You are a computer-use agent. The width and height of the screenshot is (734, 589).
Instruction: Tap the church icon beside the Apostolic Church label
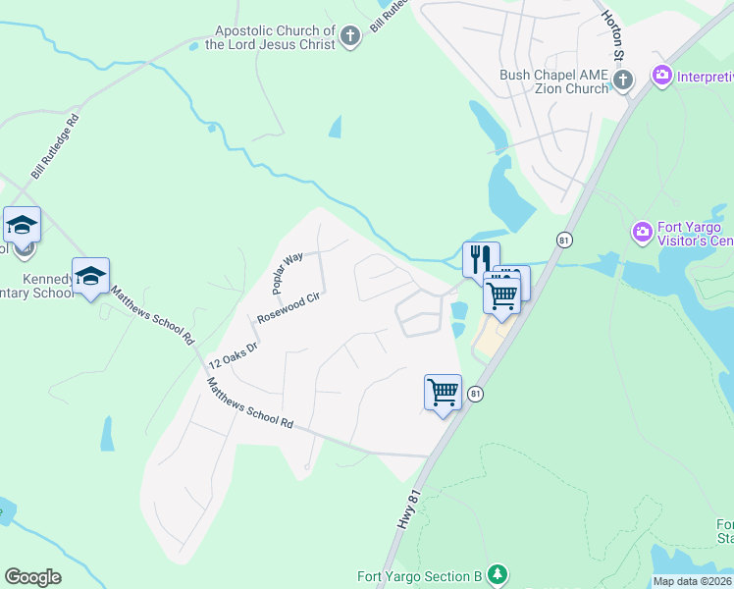(x=350, y=38)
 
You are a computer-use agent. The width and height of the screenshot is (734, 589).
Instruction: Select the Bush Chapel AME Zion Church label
(x=553, y=81)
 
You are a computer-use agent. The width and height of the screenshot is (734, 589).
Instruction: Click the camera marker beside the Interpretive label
(x=662, y=75)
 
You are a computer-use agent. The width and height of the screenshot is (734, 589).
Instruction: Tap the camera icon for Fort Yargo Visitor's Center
(x=643, y=232)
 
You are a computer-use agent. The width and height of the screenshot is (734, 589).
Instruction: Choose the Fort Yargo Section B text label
(x=420, y=576)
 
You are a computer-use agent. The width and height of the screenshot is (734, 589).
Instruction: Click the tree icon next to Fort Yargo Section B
(x=498, y=573)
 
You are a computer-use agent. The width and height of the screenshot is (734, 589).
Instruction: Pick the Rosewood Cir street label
(x=289, y=308)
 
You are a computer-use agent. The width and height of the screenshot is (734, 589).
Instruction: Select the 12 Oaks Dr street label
(x=233, y=348)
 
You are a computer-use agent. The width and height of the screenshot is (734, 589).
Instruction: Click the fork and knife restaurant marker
(x=481, y=260)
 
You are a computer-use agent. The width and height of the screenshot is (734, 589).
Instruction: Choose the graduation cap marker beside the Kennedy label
(x=90, y=277)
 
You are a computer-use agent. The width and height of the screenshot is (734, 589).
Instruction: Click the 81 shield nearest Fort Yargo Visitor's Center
(x=563, y=240)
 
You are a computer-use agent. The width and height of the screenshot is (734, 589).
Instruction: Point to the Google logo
(x=32, y=577)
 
